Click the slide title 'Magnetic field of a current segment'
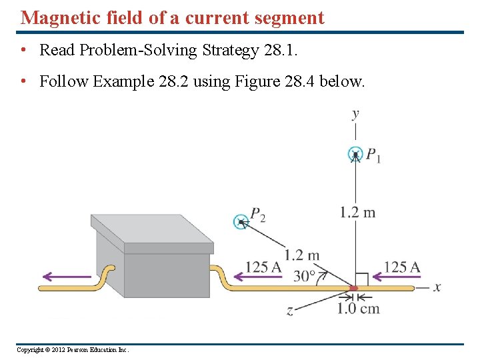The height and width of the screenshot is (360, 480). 173,17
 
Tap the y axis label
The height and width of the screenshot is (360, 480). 355,114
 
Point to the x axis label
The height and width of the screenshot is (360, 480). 437,287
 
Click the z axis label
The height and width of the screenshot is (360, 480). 290,311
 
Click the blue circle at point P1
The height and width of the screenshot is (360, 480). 356,154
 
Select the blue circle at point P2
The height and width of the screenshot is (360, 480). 241,221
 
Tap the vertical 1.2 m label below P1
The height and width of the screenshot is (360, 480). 357,213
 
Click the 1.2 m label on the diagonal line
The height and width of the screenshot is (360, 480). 302,255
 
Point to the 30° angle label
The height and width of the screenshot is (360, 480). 305,275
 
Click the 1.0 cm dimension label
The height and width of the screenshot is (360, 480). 358,308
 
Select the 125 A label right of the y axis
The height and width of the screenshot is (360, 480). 402,267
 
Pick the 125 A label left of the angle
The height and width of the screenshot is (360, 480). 263,267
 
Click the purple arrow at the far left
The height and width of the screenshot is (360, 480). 65,276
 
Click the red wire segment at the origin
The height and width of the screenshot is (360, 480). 354,288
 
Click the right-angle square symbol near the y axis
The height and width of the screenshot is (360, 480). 361,278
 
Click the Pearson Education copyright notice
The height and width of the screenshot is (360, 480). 73,349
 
